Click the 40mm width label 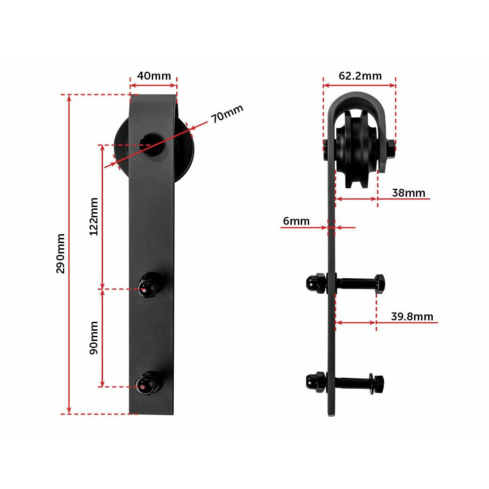click(154, 76)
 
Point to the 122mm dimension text click(94, 216)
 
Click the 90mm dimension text click(94, 337)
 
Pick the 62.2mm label click(360, 76)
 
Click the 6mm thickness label click(296, 221)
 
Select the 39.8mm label click(412, 317)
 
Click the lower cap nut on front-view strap click(149, 384)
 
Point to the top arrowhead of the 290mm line click(69, 98)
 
